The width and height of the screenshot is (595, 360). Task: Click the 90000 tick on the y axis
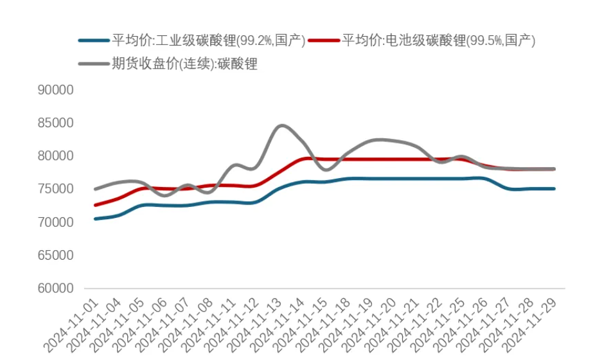[57, 90]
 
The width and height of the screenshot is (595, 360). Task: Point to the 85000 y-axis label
[57, 123]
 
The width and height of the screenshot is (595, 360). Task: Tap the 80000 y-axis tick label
[57, 156]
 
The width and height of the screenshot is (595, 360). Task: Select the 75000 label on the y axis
[57, 189]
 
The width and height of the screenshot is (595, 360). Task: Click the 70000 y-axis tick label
[57, 222]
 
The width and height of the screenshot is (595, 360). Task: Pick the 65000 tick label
[57, 255]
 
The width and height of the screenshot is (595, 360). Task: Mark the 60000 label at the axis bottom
[57, 289]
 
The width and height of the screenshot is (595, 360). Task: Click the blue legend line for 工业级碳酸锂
[94, 40]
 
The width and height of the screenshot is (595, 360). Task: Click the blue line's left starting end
[96, 219]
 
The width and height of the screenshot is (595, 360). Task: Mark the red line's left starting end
[96, 205]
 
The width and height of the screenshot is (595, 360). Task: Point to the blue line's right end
[553, 189]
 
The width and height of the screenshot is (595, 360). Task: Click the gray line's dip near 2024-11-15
[326, 170]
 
